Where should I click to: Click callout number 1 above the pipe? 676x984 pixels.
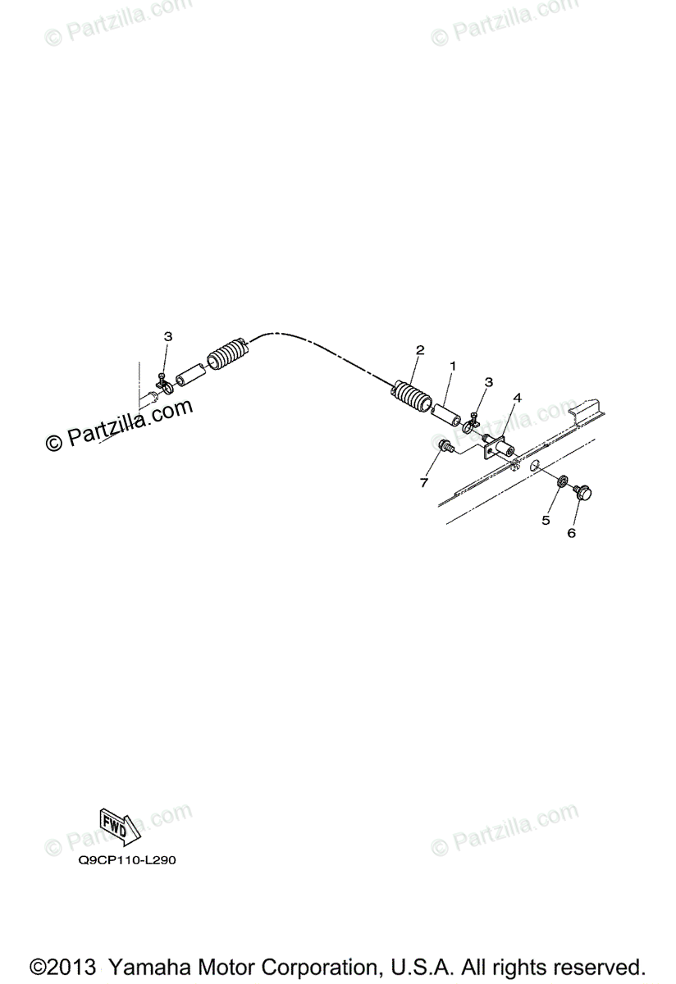coord(452,364)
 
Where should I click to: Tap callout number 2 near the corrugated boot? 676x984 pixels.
coord(420,350)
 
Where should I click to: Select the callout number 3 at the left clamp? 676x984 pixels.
coord(168,336)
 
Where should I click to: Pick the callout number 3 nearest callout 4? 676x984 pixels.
coord(489,382)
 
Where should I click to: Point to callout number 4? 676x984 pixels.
coord(517,398)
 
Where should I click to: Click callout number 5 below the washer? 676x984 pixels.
coord(544,520)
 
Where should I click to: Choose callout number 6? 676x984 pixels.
coord(572,533)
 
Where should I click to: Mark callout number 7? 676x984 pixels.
coord(424,483)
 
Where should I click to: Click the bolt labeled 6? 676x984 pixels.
coord(586,492)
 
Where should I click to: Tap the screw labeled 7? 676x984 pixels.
coord(445,446)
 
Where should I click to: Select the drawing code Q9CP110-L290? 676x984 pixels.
coord(127,861)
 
